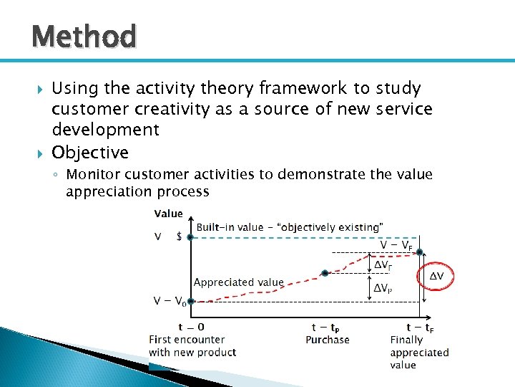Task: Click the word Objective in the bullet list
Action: pos(90,153)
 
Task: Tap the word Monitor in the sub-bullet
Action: pos(93,176)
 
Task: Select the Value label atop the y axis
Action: pos(168,214)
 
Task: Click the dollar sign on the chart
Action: pos(180,237)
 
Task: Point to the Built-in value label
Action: pos(289,227)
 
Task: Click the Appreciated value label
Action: pos(238,282)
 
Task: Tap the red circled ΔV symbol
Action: pos(436,276)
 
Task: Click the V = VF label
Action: pos(395,245)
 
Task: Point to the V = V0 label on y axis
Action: pos(170,301)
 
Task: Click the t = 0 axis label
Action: pos(191,327)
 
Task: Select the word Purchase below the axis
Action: pos(327,340)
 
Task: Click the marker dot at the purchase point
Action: pos(325,273)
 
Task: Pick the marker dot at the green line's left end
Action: pos(190,237)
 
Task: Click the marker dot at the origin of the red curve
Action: pos(191,302)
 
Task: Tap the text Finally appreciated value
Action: pos(419,353)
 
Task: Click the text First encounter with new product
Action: pos(192,346)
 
